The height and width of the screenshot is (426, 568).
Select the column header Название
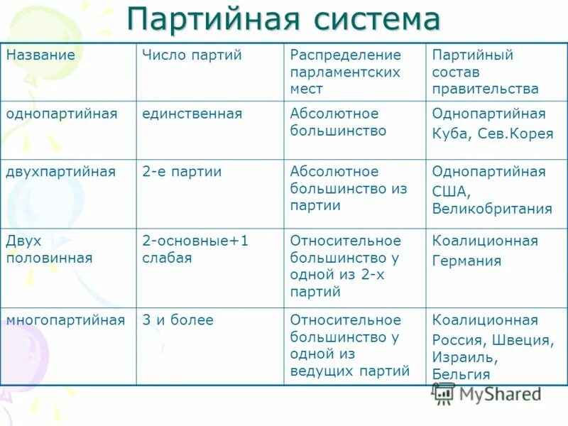(40, 55)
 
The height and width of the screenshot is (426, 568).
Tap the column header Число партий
(192, 55)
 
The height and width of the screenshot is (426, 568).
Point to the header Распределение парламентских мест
(345, 72)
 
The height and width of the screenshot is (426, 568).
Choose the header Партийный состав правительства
(485, 72)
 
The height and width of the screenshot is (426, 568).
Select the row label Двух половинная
(49, 249)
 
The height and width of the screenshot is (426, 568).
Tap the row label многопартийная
(65, 320)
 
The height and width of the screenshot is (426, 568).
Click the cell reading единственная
(192, 114)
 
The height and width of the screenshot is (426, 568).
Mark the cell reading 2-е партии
(182, 172)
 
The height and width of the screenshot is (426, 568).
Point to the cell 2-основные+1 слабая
(195, 249)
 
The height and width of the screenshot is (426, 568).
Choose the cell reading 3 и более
(177, 320)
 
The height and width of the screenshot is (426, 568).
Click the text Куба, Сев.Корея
(492, 133)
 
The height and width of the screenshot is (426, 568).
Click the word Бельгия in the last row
(461, 374)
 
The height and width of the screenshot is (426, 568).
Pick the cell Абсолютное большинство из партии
(348, 188)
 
